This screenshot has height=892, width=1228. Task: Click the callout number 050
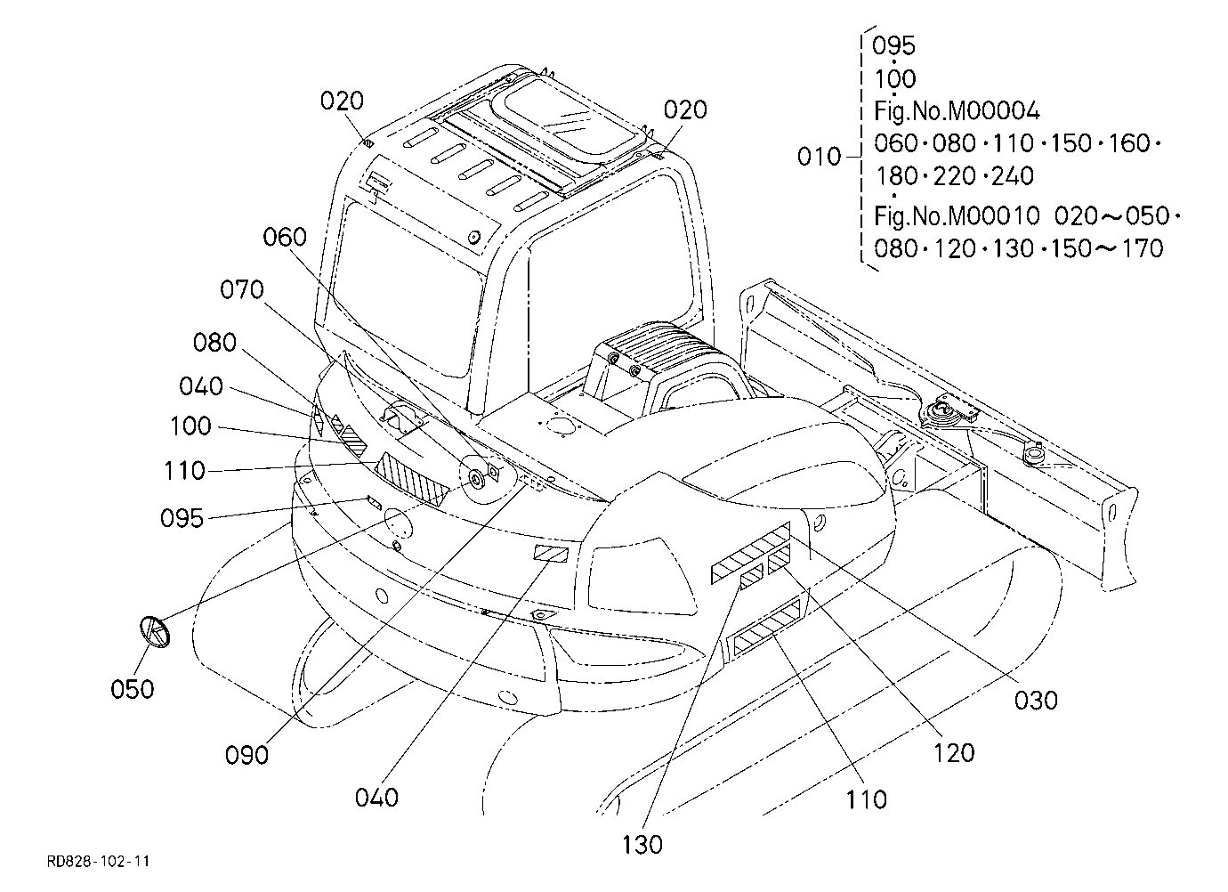click(x=132, y=689)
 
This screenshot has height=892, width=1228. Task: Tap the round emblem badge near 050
click(x=155, y=632)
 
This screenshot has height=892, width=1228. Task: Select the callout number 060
click(x=285, y=237)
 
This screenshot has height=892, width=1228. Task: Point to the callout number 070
click(x=242, y=289)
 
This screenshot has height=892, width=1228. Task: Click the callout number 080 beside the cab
click(x=214, y=343)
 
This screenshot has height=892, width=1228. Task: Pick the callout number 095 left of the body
click(x=182, y=518)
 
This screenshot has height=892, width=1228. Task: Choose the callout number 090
click(x=246, y=756)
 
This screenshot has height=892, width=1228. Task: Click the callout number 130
click(x=642, y=845)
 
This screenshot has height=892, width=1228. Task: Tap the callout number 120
click(x=954, y=753)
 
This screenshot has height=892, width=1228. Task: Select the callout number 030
click(x=1036, y=701)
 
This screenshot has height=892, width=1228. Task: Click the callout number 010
click(x=819, y=157)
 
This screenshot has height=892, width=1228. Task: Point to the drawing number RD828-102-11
click(x=98, y=861)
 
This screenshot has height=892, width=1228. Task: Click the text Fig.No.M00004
click(x=957, y=111)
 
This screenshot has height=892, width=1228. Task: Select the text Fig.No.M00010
click(x=957, y=215)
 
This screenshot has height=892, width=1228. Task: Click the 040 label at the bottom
click(x=376, y=798)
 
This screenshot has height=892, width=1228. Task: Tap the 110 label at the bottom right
click(x=866, y=800)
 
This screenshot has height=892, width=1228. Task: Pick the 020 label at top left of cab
click(x=342, y=101)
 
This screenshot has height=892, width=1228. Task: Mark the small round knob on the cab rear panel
click(x=473, y=238)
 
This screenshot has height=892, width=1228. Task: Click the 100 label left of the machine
click(x=190, y=426)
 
